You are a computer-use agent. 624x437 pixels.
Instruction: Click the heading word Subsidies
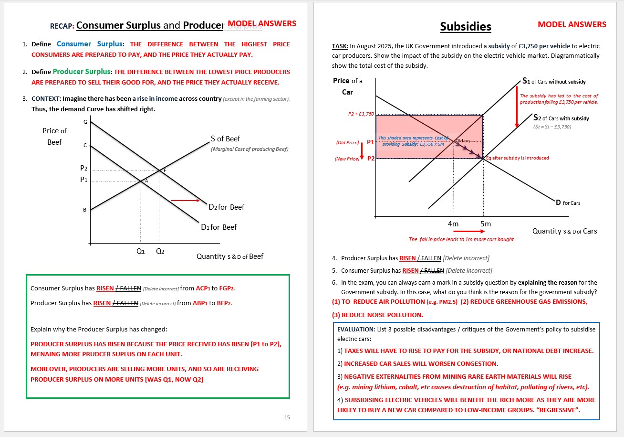pos(466,27)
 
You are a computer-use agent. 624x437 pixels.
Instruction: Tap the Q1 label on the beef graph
pos(140,251)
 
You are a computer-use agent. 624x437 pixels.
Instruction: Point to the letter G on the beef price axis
pos(85,122)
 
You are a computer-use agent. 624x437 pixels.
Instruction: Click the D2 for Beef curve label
pos(226,207)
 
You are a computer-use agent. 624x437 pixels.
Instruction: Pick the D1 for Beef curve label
pos(218,227)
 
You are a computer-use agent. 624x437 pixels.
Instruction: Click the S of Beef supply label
pos(225,139)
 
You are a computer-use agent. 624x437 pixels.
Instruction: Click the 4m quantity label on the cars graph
pos(453,224)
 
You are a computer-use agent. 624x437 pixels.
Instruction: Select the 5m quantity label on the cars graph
pos(485,224)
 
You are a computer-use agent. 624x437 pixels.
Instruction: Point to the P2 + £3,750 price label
pos(361,114)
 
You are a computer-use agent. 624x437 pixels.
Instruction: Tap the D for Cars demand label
pos(568,203)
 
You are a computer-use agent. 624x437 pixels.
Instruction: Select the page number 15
pos(287,417)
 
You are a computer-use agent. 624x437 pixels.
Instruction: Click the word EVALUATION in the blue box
pos(356,329)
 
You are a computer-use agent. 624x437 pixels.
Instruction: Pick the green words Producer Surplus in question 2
pos(82,72)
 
